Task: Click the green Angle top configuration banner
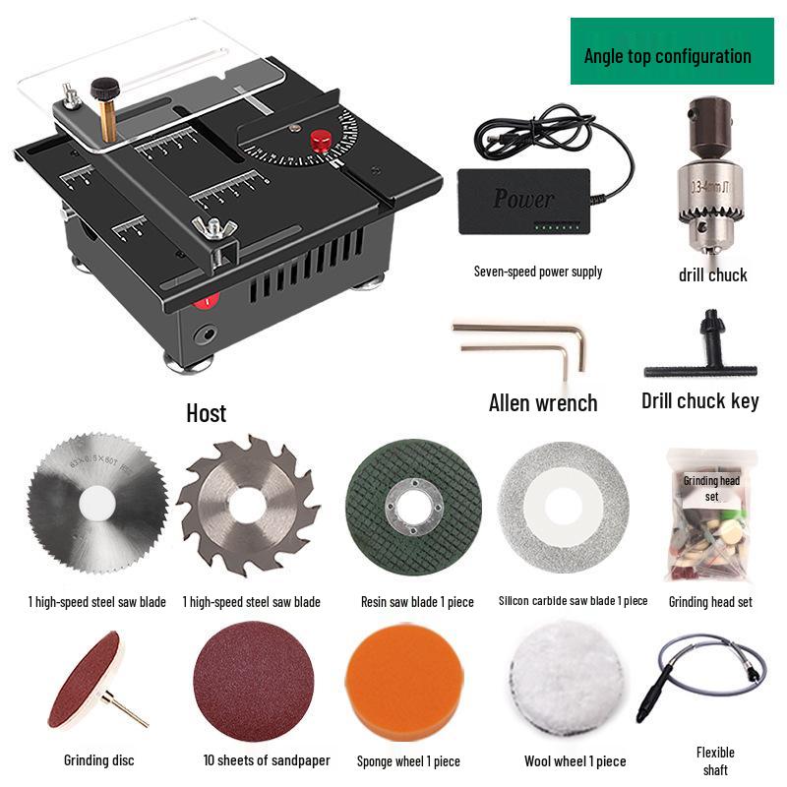coord(672,51)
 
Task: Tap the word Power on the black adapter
coord(523,199)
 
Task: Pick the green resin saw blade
coord(413,507)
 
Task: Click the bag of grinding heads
coord(709,516)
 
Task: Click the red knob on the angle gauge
coord(320,141)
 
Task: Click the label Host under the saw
coord(206,412)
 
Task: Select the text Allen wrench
coord(543,402)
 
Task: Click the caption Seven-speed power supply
coord(537,272)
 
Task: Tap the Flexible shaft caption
coord(715,760)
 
